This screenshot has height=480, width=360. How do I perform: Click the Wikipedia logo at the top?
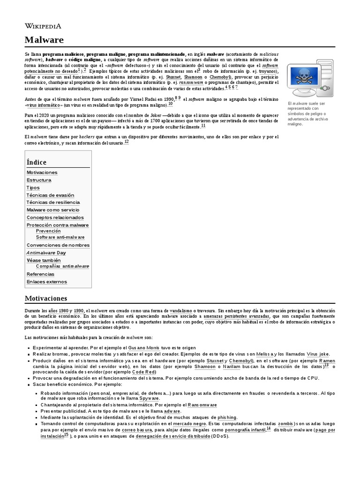(43, 26)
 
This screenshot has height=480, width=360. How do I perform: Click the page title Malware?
(44, 40)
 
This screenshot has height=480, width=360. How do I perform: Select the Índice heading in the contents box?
(37, 162)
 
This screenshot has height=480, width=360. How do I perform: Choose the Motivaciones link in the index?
(42, 172)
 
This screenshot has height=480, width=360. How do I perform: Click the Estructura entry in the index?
(39, 180)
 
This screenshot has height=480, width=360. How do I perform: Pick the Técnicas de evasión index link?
(50, 195)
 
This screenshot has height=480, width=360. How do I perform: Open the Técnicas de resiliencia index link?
(53, 202)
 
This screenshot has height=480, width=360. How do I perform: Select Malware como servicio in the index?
(53, 210)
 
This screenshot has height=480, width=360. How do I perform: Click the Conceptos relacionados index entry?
(53, 217)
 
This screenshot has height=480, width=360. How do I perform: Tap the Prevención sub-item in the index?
(48, 231)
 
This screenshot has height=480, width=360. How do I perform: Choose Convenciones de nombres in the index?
(58, 245)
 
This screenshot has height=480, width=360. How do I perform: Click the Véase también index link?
(44, 260)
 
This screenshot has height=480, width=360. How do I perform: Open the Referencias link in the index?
(40, 274)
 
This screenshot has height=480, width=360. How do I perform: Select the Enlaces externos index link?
(46, 282)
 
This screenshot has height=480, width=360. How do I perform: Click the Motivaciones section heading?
(45, 298)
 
